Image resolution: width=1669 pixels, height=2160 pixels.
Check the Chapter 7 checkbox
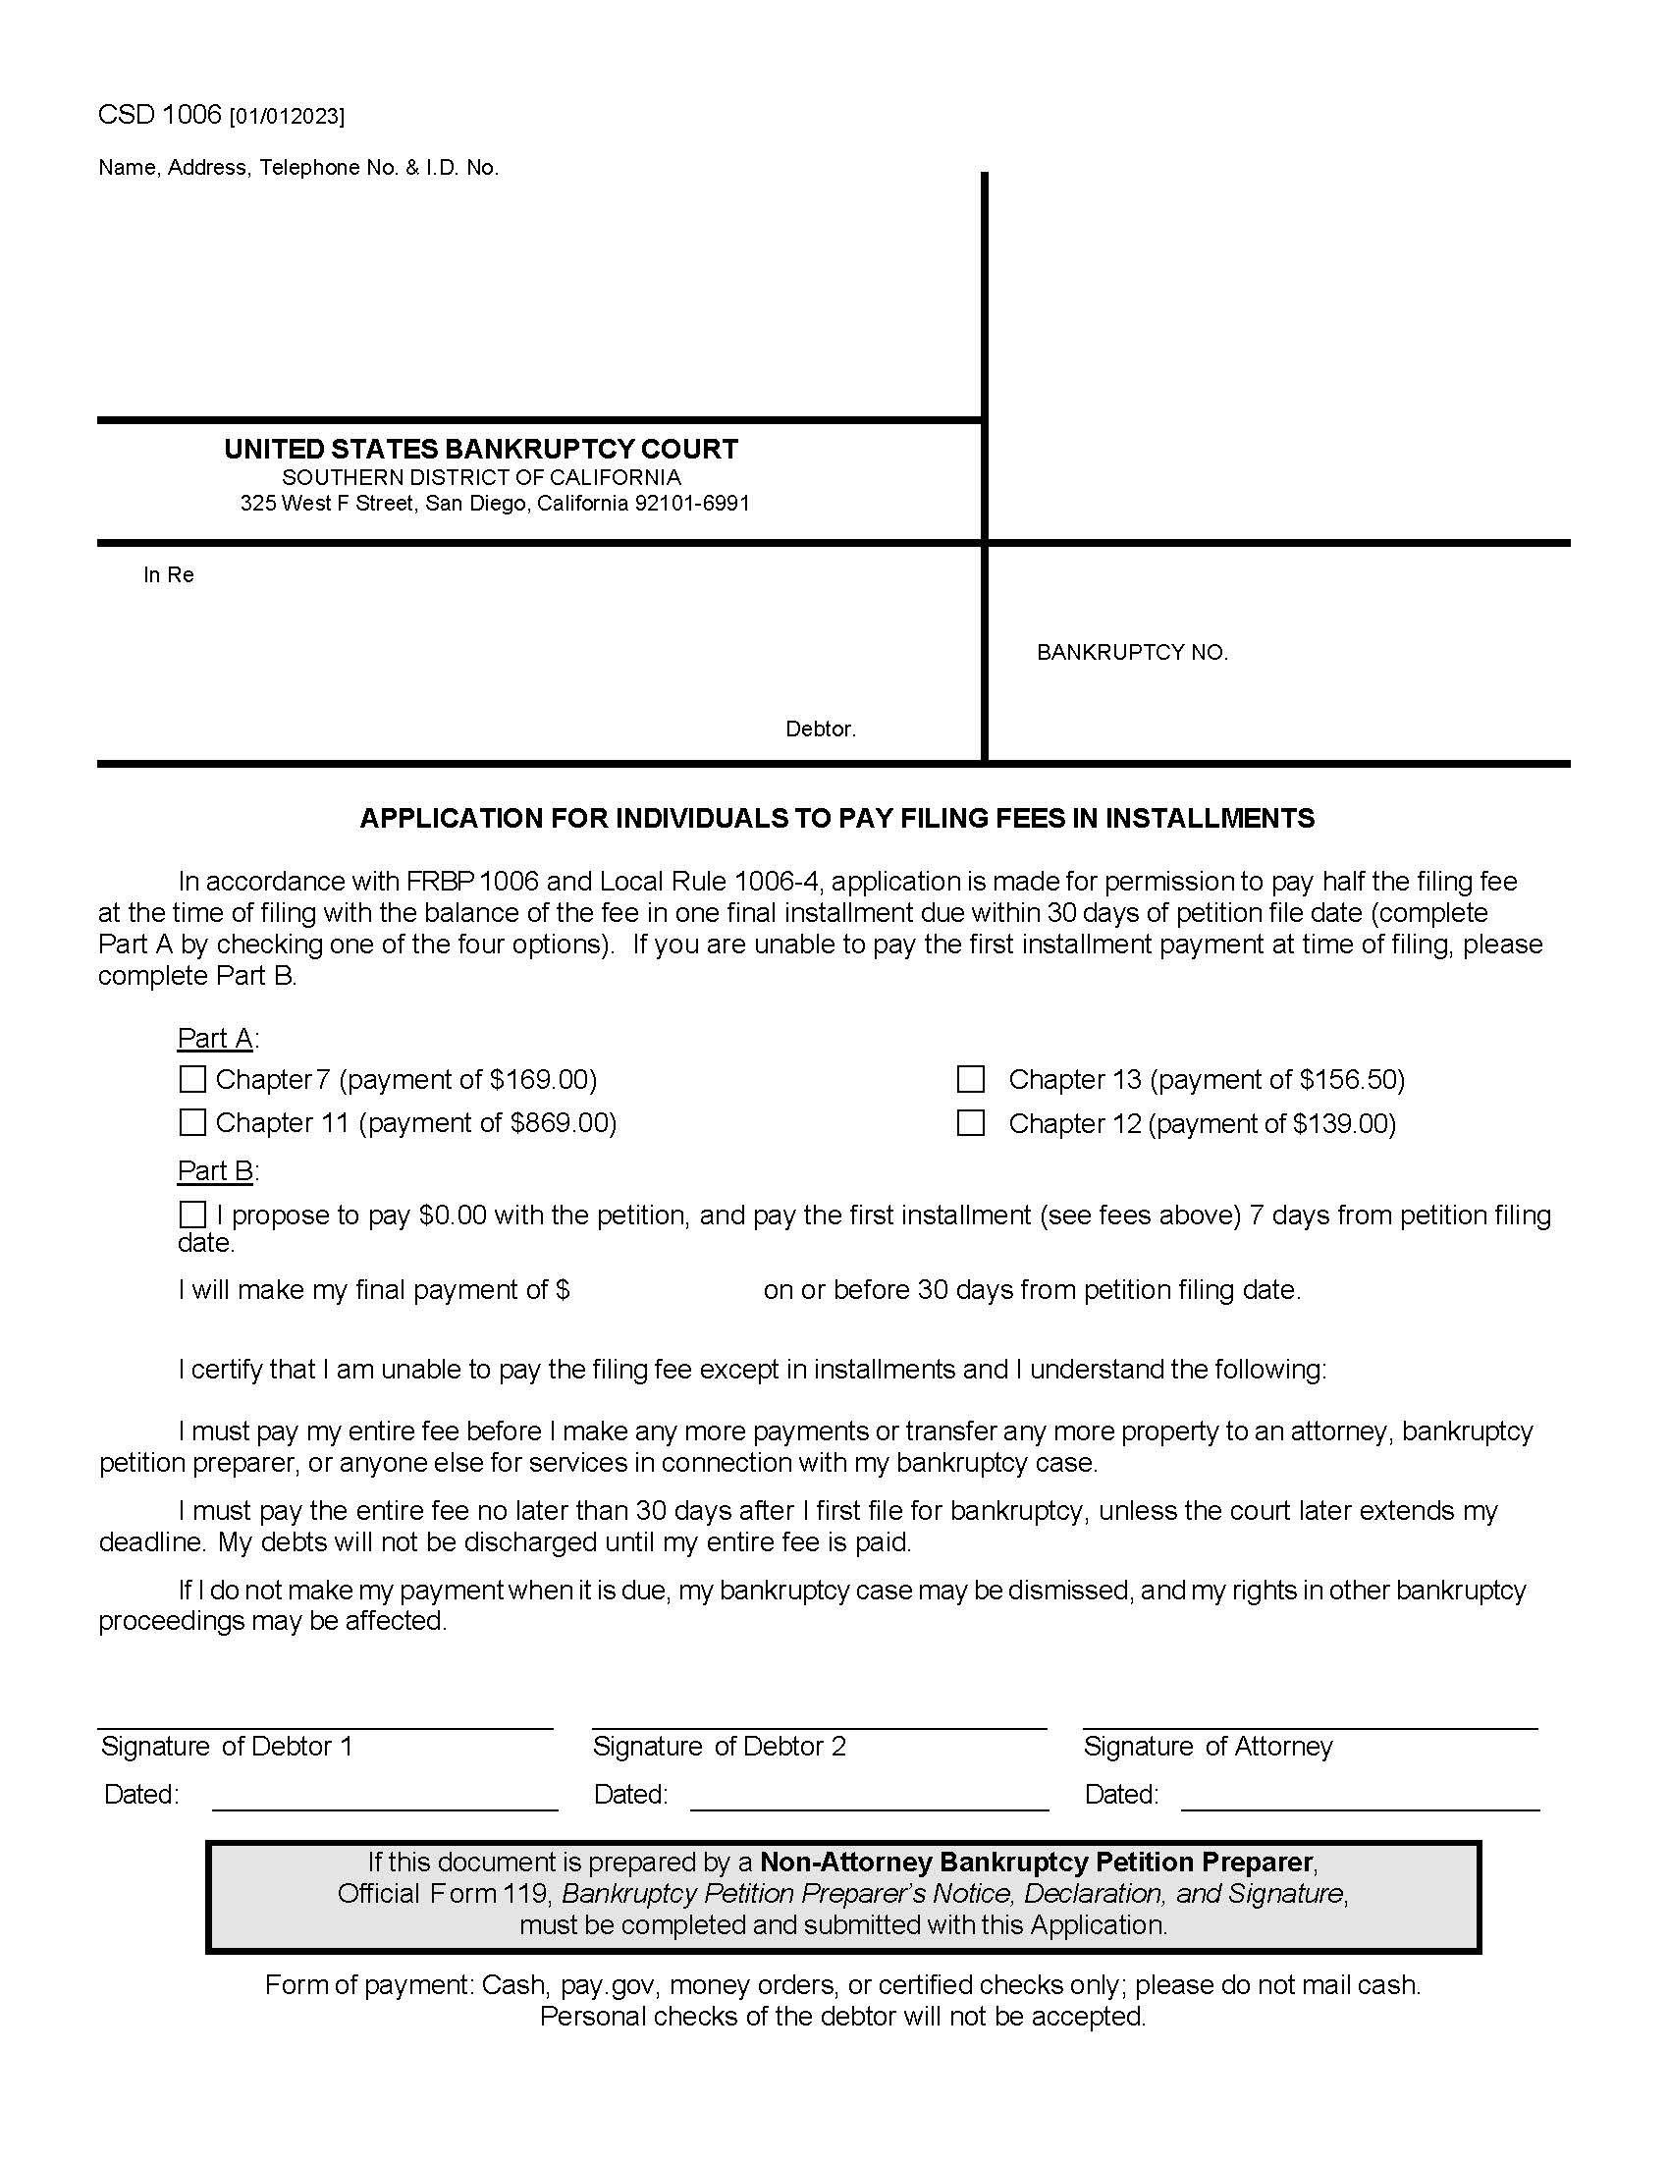point(192,1078)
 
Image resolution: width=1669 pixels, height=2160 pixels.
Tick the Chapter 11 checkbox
point(192,1121)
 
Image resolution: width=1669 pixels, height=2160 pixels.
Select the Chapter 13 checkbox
point(971,1078)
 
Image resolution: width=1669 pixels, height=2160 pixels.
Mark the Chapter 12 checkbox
point(971,1122)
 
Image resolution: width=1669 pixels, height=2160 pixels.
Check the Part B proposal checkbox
point(192,1214)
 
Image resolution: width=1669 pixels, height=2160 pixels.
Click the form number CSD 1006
point(159,115)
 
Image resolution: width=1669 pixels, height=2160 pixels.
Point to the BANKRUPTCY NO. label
point(1131,652)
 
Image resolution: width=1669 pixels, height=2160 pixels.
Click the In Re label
point(168,574)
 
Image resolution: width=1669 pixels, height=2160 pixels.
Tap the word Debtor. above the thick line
point(820,729)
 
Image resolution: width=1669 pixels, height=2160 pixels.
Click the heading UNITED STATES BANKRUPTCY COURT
point(480,449)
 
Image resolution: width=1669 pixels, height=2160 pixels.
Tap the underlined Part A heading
point(215,1038)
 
